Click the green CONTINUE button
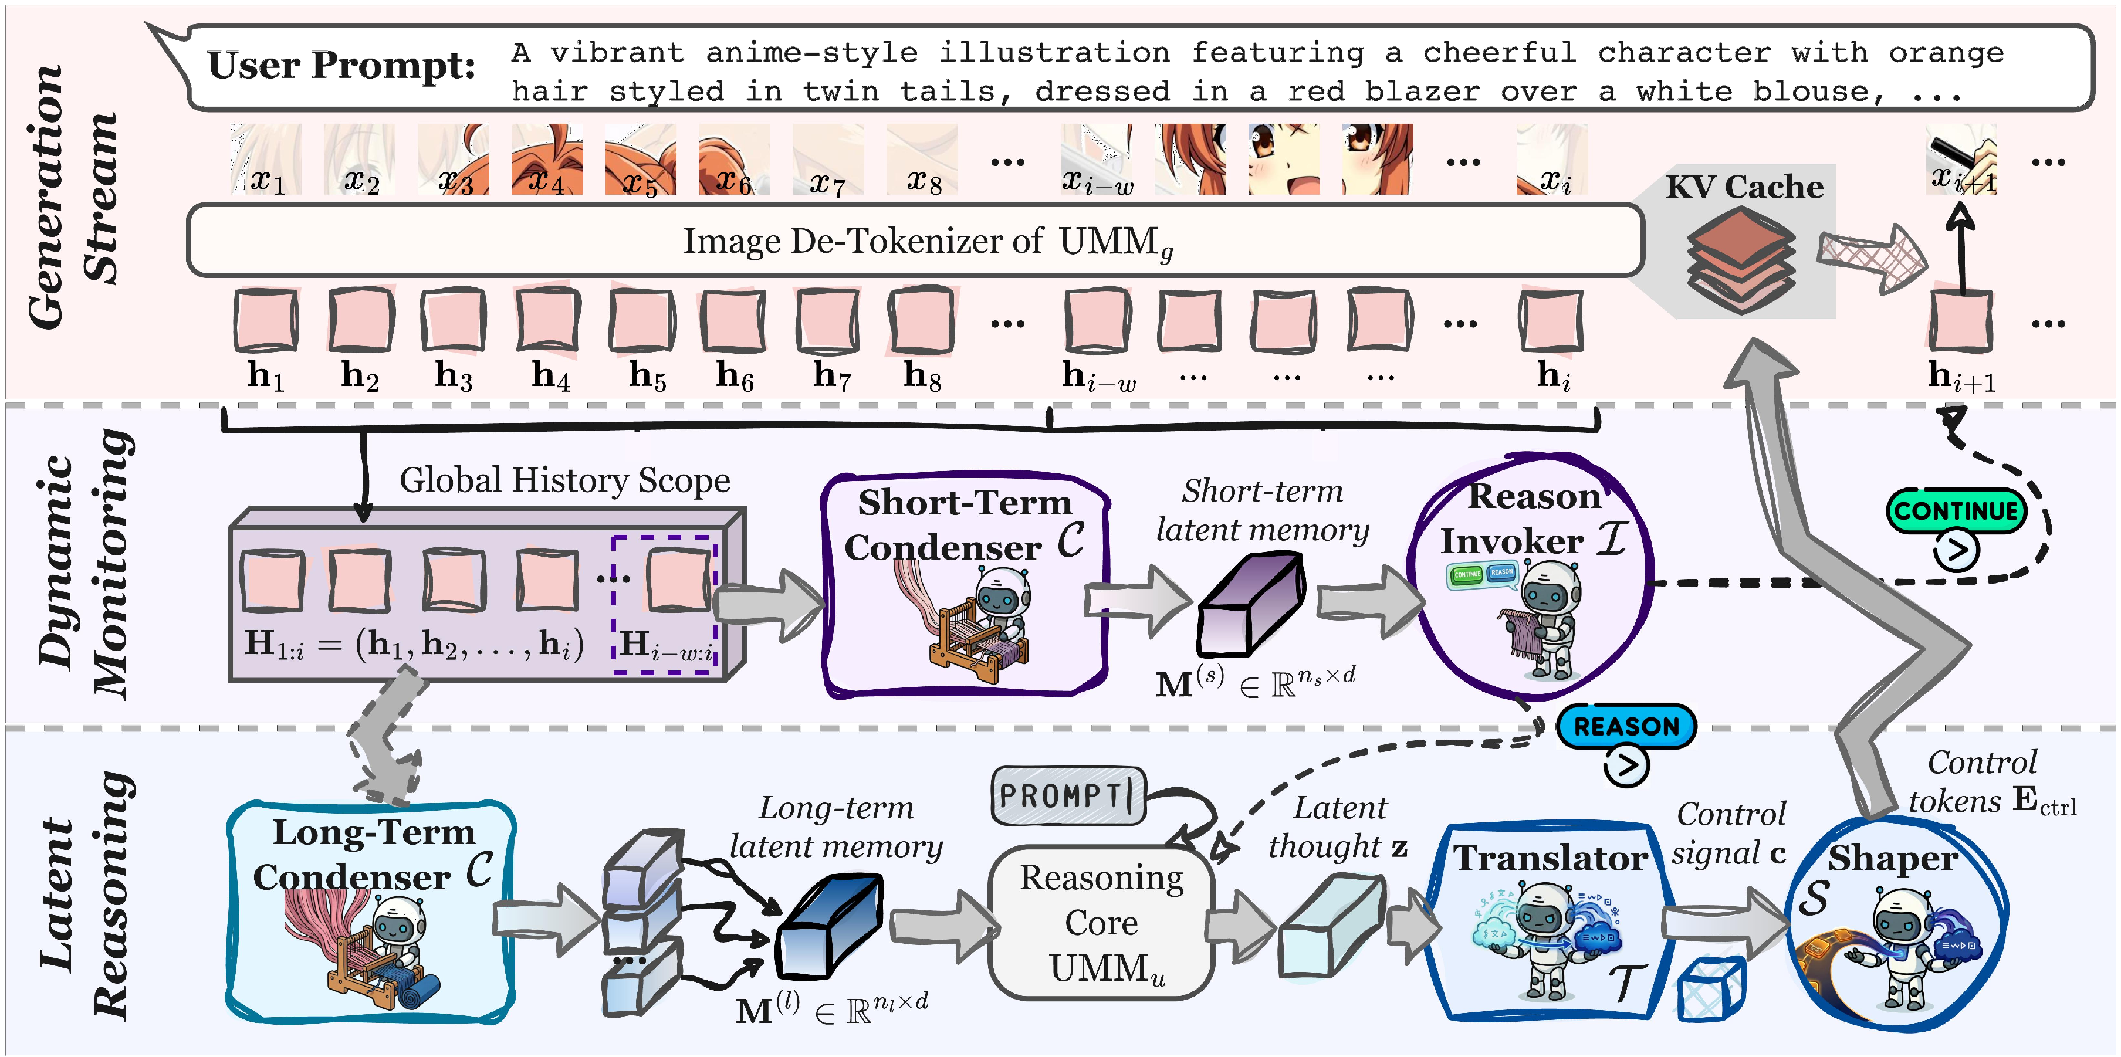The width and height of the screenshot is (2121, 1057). point(1956,511)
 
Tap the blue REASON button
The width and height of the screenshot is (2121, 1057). point(1626,726)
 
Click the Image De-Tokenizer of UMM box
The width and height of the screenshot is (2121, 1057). point(914,240)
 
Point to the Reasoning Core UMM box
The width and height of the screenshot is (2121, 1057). point(1102,923)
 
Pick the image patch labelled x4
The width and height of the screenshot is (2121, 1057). point(547,160)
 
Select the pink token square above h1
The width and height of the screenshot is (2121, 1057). point(266,321)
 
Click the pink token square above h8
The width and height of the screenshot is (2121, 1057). point(921,321)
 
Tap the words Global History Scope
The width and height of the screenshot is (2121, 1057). point(565,480)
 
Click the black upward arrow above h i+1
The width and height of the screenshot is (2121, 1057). point(1961,247)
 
